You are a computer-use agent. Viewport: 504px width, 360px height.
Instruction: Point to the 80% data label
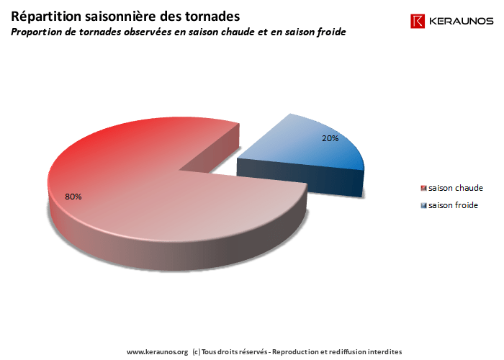pos(73,197)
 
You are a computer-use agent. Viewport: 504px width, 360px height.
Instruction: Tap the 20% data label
pos(330,138)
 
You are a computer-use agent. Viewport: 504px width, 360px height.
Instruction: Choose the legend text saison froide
pos(453,205)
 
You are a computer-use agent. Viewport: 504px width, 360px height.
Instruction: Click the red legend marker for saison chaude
pos(423,188)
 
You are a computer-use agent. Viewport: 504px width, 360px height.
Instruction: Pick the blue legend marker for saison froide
pos(423,205)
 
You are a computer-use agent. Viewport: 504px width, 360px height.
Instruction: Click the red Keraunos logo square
pos(418,22)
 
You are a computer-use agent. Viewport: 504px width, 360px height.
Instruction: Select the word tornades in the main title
pos(210,15)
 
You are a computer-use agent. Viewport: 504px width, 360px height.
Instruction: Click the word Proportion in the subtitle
pos(37,32)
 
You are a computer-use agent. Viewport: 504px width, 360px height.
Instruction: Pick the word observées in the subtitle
pos(144,32)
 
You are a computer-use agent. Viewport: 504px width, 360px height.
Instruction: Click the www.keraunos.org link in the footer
pos(157,352)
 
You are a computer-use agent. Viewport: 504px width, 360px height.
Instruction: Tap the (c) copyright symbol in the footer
pos(197,352)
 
